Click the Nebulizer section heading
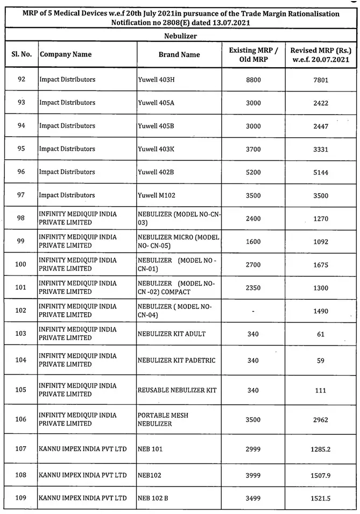click(180, 36)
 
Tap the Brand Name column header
click(179, 54)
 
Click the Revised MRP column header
click(321, 54)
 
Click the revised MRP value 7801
click(321, 80)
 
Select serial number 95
click(22, 149)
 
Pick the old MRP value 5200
click(253, 172)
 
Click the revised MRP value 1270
click(321, 219)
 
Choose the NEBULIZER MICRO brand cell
click(178, 241)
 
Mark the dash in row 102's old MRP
click(253, 311)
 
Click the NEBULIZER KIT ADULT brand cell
click(172, 334)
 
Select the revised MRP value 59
click(321, 361)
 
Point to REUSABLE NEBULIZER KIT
click(177, 390)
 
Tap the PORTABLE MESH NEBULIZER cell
click(163, 419)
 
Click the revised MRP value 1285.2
click(321, 449)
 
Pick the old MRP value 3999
click(253, 475)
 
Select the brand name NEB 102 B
click(153, 498)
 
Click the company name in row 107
click(83, 449)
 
